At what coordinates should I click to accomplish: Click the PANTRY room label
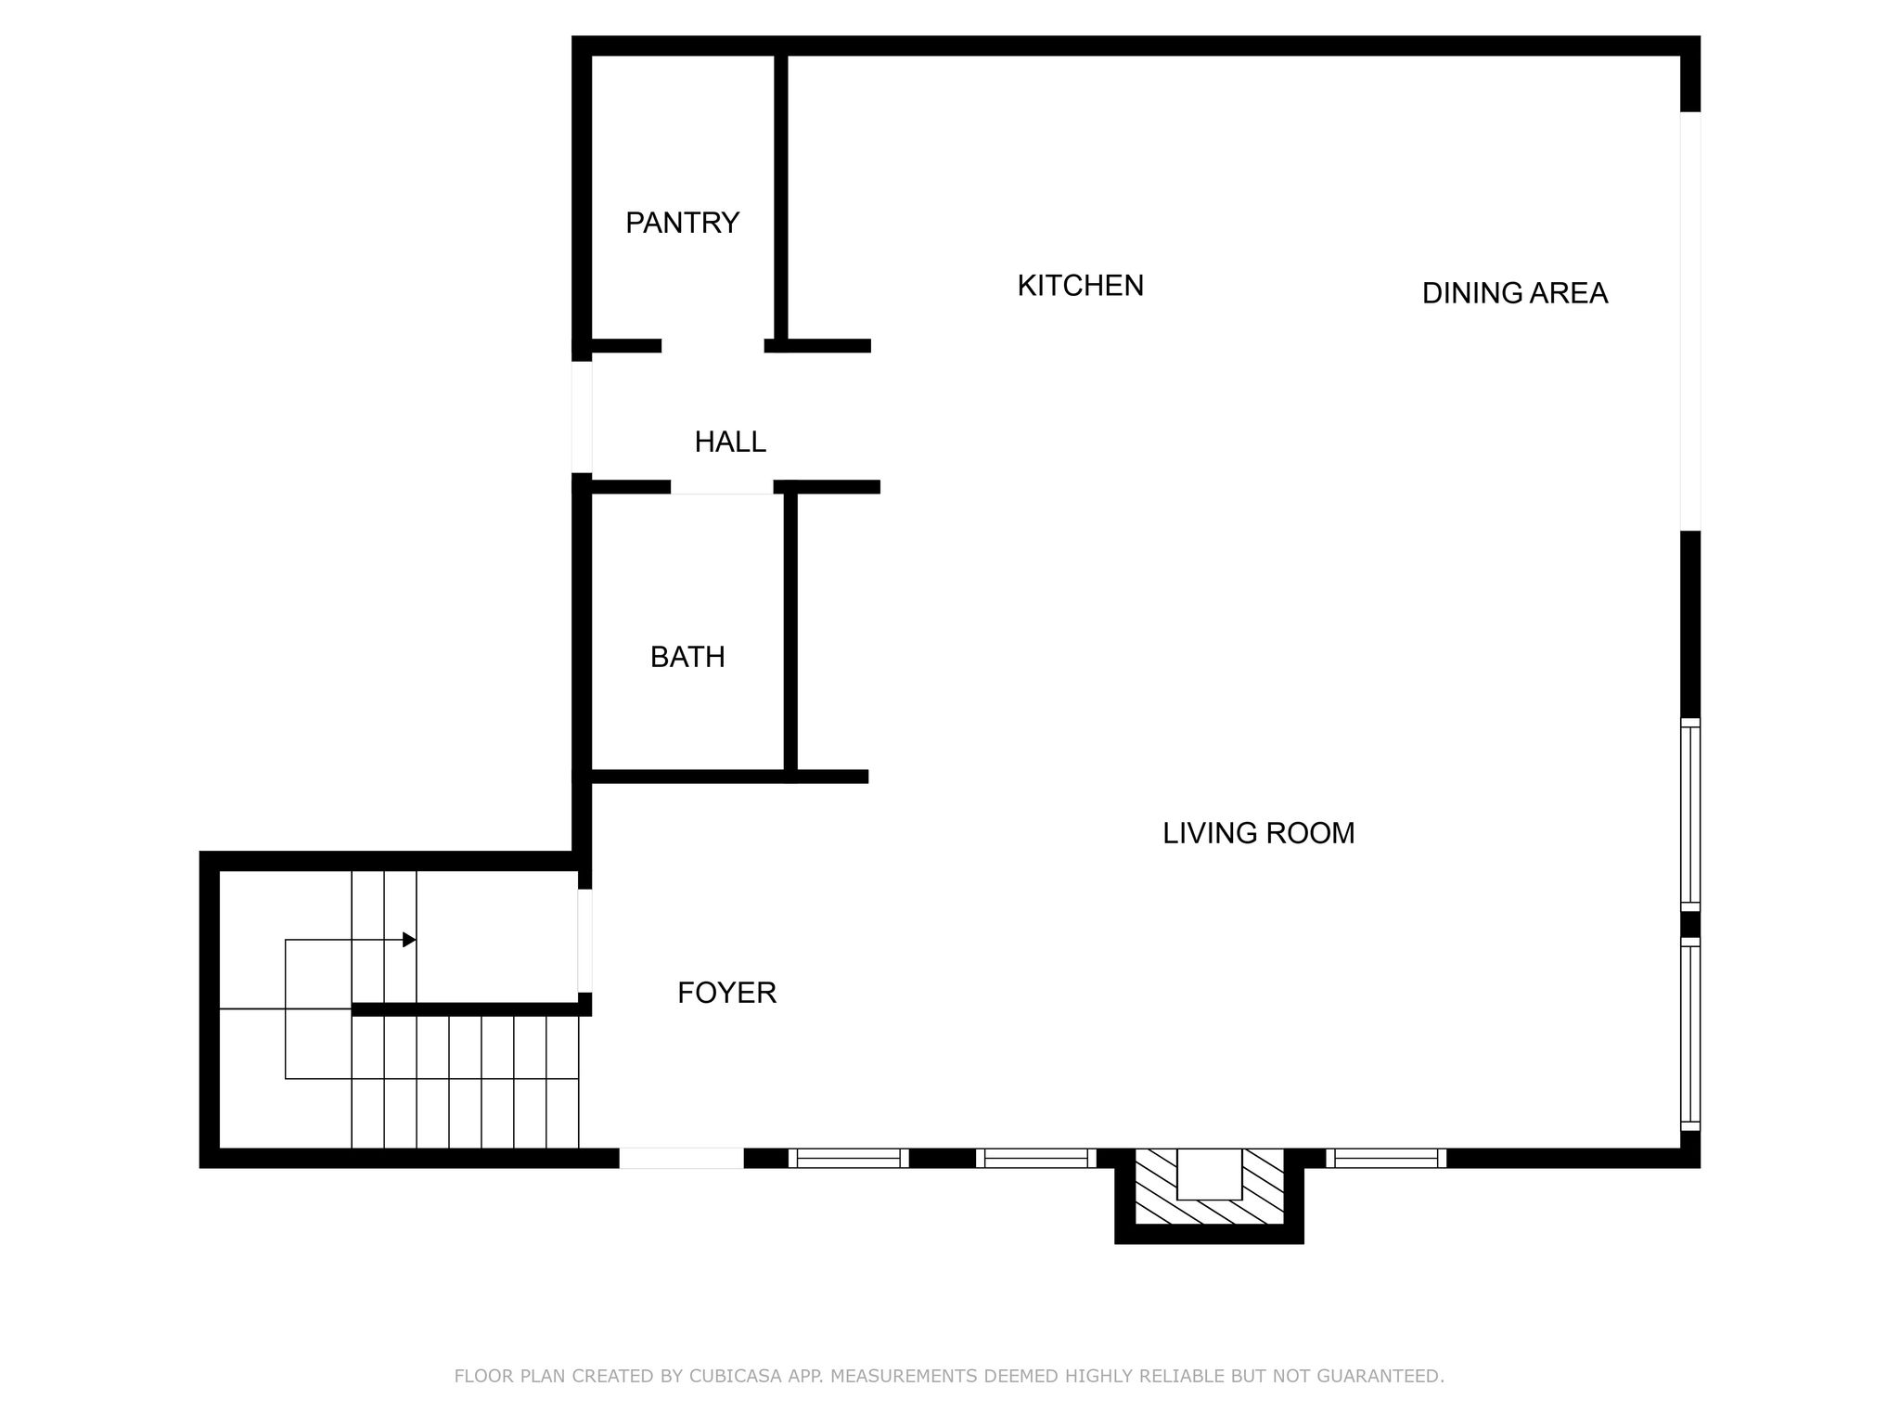click(682, 223)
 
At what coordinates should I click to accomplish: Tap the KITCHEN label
click(1080, 286)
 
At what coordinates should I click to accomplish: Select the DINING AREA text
click(1514, 293)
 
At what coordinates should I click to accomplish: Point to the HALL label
click(730, 442)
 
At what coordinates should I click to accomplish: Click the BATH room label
click(687, 657)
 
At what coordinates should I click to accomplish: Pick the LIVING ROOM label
click(1258, 833)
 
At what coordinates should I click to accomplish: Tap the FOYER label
click(726, 993)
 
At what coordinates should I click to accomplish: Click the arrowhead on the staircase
click(409, 940)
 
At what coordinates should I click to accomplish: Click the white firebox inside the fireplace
click(1209, 1174)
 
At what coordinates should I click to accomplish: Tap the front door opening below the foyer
click(681, 1158)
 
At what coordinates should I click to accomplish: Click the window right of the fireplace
click(1386, 1158)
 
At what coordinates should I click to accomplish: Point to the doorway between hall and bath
click(722, 487)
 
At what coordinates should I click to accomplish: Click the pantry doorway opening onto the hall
click(712, 346)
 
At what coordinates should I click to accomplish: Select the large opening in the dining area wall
click(1690, 321)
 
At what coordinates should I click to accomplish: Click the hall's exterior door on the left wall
click(582, 417)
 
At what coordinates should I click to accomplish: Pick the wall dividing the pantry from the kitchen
click(781, 199)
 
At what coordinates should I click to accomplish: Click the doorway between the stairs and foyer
click(584, 941)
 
